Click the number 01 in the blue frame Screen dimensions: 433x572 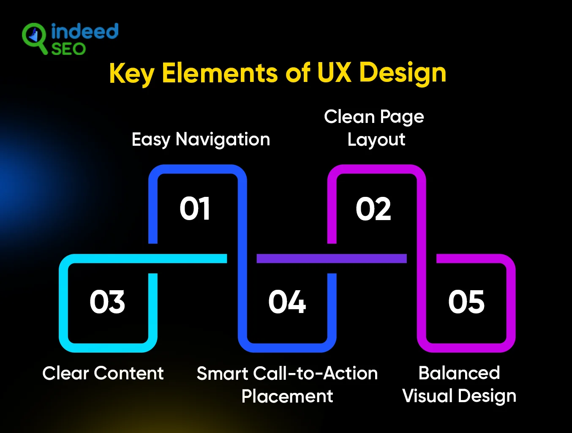195,209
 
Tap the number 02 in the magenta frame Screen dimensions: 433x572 373,209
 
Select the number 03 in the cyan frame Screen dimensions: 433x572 107,302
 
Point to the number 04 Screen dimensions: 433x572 287,302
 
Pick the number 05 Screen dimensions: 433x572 466,302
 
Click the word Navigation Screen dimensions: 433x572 223,139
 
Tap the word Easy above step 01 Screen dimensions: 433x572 150,139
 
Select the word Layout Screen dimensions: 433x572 376,140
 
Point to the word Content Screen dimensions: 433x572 129,373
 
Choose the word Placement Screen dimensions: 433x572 287,396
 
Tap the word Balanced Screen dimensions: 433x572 459,373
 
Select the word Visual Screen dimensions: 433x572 427,396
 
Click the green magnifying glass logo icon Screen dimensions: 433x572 34,38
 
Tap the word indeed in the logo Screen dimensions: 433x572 84,32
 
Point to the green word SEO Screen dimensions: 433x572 68,49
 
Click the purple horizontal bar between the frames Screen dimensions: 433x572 332,259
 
